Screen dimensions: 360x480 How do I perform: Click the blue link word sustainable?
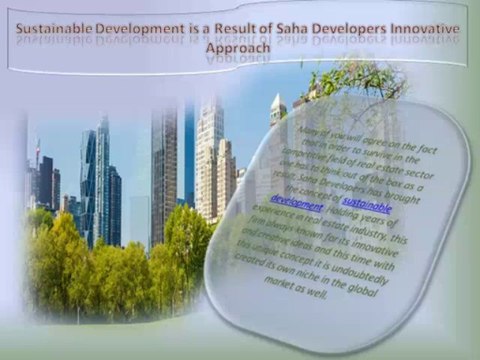tap(367, 208)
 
